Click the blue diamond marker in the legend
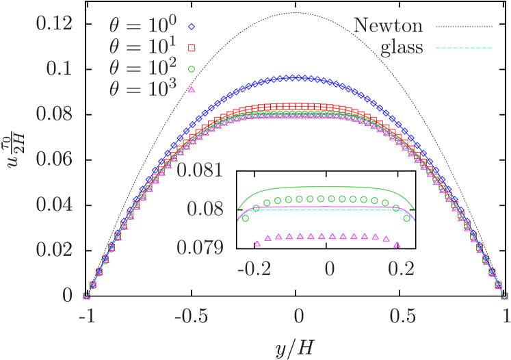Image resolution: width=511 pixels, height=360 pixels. pos(192,27)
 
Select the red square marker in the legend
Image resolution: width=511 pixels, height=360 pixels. pos(192,48)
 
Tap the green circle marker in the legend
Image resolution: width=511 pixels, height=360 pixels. pos(192,68)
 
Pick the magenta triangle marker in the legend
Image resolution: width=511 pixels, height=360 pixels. pos(192,90)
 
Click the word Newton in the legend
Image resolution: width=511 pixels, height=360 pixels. pos(388,26)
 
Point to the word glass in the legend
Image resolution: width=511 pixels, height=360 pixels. pos(402,49)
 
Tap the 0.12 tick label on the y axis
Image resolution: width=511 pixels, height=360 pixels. pos(54,25)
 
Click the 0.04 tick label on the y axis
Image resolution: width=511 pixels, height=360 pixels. pos(54,205)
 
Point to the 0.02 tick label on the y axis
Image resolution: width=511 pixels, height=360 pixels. pos(54,250)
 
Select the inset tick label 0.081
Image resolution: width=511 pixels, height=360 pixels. pos(200,169)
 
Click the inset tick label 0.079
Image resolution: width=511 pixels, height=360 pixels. pos(200,247)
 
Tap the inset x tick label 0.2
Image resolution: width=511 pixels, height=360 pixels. pos(401,268)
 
